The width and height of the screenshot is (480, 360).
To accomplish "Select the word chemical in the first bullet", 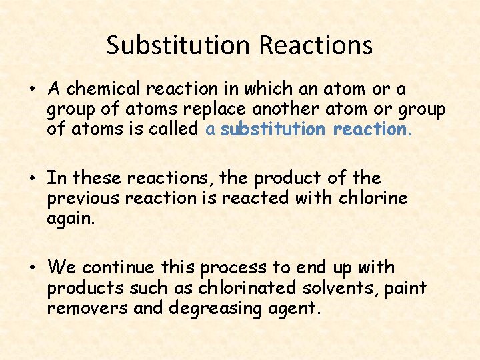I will tap(105, 89).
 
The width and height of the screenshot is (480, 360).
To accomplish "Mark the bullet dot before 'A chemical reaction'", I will tap(33, 89).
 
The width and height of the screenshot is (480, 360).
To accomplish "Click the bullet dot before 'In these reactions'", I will tap(33, 179).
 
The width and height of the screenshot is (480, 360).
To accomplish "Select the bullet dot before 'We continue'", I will tap(33, 268).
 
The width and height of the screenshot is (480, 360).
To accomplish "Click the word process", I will tap(235, 268).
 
